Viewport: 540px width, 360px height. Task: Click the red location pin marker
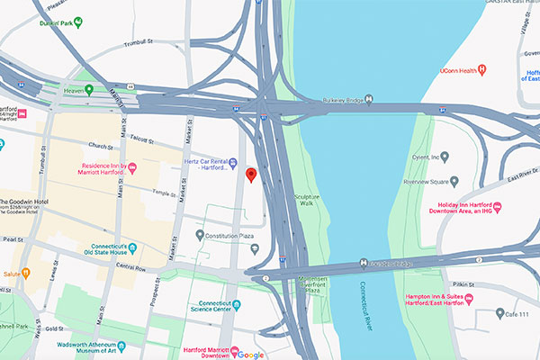(251, 174)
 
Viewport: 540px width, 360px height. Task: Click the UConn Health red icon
(482, 69)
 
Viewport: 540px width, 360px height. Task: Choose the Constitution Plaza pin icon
(200, 236)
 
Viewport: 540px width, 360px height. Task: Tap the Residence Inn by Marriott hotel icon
(133, 168)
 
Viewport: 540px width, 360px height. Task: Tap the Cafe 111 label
(523, 313)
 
